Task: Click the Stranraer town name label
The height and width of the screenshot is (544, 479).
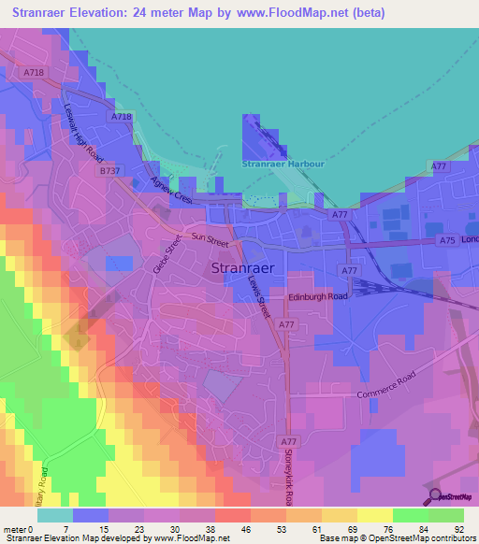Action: pos(242,268)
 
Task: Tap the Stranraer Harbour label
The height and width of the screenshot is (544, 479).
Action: pos(283,164)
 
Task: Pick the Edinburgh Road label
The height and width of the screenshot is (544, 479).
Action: pos(317,296)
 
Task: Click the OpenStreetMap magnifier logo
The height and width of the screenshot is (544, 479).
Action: pos(435,496)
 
